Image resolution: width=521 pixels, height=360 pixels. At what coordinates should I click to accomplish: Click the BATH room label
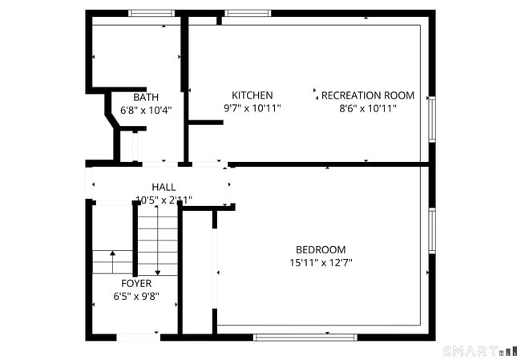[x=146, y=97]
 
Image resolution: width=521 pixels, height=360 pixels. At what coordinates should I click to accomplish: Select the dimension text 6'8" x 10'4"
[x=146, y=110]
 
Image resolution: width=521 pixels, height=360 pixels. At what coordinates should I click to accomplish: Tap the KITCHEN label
[x=252, y=95]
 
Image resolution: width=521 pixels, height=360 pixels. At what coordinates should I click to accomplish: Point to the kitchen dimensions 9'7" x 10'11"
[x=252, y=107]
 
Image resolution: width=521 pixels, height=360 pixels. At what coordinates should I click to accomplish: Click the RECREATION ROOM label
[x=368, y=95]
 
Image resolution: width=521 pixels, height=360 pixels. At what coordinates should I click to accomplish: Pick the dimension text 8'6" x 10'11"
[x=368, y=107]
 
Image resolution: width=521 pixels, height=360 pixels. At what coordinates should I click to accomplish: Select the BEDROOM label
[x=321, y=249]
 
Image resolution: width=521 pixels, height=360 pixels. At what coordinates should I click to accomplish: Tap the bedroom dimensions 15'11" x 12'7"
[x=321, y=262]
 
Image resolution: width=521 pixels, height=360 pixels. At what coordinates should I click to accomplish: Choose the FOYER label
[x=136, y=283]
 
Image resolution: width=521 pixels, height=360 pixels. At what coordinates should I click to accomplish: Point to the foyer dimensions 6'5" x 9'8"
[x=136, y=296]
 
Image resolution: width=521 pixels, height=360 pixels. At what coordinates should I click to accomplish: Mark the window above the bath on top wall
[x=151, y=14]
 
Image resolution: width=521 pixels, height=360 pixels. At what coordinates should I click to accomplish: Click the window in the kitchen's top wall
[x=247, y=14]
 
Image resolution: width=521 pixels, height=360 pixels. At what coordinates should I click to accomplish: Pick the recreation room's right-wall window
[x=431, y=119]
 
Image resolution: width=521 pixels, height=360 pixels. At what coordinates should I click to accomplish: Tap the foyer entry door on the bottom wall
[x=138, y=337]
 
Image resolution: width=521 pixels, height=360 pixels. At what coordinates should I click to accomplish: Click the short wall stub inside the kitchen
[x=205, y=122]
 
